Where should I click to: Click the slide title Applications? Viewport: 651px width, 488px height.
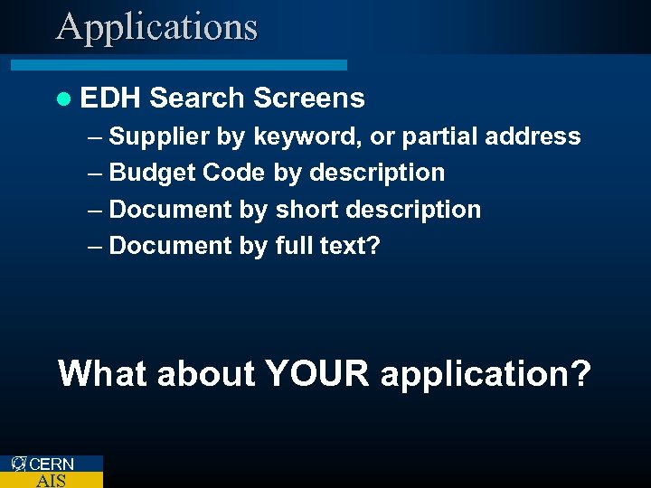pos(156,27)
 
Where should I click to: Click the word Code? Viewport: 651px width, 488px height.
pos(233,173)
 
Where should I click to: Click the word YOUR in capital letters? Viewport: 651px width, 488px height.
pos(317,373)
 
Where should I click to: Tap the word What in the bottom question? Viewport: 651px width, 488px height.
pos(102,373)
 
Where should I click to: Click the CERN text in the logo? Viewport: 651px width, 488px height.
pos(52,465)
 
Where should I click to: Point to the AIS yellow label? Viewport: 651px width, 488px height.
pos(51,481)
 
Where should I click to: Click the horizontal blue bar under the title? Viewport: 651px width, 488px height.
pos(178,65)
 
